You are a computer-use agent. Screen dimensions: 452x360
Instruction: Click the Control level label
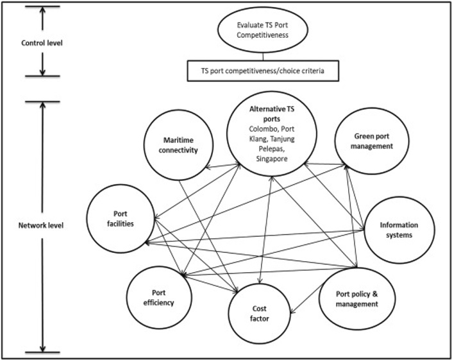point(42,43)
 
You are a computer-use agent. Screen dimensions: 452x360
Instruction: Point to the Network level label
point(41,225)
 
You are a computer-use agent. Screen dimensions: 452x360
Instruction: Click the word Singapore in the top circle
point(272,159)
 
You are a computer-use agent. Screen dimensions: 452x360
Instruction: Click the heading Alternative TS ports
point(272,114)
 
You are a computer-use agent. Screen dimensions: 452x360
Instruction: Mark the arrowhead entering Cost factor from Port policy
point(292,311)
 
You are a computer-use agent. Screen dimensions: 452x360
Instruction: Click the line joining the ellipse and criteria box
point(263,56)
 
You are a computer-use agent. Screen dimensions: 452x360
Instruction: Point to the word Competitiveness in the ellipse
point(263,35)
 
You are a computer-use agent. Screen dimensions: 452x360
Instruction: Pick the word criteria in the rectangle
point(313,71)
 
